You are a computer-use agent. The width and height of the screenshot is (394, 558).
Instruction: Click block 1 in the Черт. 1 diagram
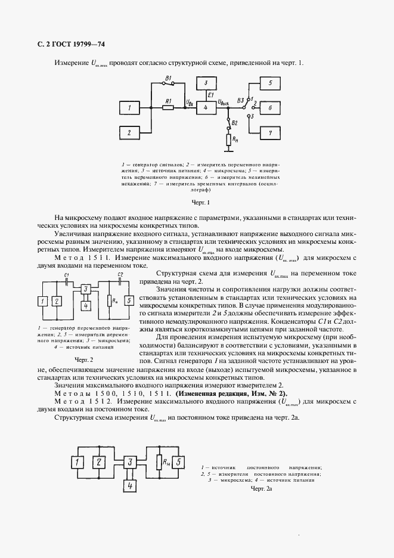click(x=129, y=108)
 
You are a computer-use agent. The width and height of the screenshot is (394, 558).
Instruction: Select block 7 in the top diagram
click(x=270, y=132)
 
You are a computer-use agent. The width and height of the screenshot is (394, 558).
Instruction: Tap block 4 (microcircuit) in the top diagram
click(x=206, y=108)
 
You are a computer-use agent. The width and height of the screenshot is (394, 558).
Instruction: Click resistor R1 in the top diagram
click(x=168, y=108)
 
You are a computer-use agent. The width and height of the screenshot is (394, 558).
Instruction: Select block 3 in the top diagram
click(x=206, y=82)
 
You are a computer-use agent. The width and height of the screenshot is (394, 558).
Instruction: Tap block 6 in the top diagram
click(x=270, y=108)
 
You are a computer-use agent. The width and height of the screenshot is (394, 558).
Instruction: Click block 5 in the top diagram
click(x=270, y=83)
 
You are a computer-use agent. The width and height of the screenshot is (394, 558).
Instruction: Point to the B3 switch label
click(x=240, y=101)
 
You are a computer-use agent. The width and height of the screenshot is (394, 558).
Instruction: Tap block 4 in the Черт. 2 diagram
click(x=86, y=306)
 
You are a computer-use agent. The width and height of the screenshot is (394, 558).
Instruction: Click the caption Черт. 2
click(x=84, y=359)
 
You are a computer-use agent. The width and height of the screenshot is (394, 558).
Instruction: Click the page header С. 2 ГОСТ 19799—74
click(x=67, y=45)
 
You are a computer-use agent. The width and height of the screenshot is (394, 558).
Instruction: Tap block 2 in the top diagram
click(x=129, y=132)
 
